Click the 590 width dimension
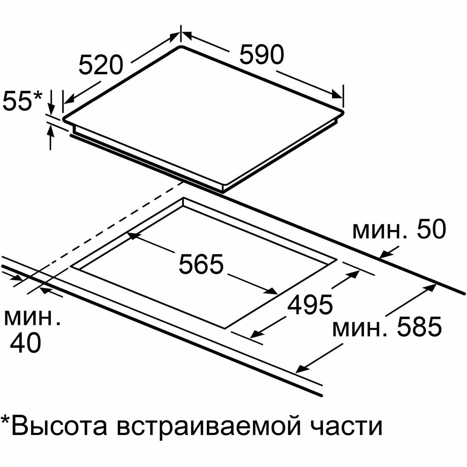(262, 54)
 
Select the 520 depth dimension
(100, 65)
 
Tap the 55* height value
(22, 100)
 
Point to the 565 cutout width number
(201, 264)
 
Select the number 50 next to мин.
(432, 230)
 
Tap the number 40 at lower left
(26, 343)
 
